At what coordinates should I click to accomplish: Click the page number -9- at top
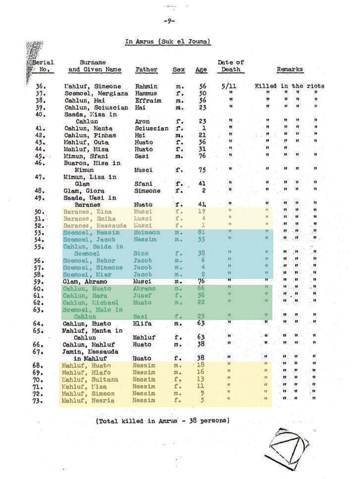tap(168, 21)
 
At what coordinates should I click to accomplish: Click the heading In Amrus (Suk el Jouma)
tap(168, 42)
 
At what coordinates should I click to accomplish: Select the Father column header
tap(146, 70)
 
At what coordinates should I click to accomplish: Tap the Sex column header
tap(178, 70)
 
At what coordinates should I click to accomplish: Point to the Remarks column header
tap(290, 70)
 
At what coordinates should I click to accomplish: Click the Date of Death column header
tap(230, 66)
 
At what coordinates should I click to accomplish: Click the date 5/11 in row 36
tap(229, 86)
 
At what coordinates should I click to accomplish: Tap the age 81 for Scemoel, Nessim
tap(202, 232)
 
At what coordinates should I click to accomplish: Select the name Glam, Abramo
tap(85, 282)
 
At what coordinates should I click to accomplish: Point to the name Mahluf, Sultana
tap(90, 379)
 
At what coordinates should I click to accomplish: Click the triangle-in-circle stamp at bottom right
tap(287, 447)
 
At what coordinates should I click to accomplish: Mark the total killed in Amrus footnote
tap(163, 421)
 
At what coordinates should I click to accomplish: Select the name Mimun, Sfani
tap(86, 156)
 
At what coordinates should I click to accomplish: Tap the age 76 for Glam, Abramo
tap(202, 282)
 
